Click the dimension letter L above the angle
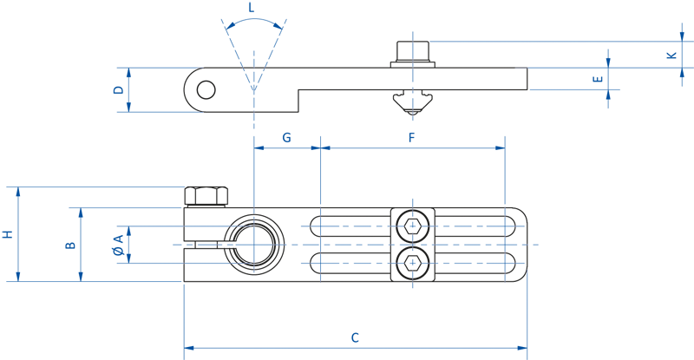click(252, 8)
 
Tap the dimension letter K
click(671, 55)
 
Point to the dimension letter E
click(597, 80)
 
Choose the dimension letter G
click(286, 137)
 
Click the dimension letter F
click(412, 137)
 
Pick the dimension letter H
click(7, 234)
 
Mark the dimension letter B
click(71, 245)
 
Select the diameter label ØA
click(117, 245)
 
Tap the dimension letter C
click(355, 337)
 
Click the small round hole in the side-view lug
click(206, 89)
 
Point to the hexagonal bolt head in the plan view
click(206, 196)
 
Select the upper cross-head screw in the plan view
click(412, 226)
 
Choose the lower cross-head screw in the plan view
click(412, 261)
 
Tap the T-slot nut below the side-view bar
click(411, 101)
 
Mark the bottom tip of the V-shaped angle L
click(253, 89)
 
